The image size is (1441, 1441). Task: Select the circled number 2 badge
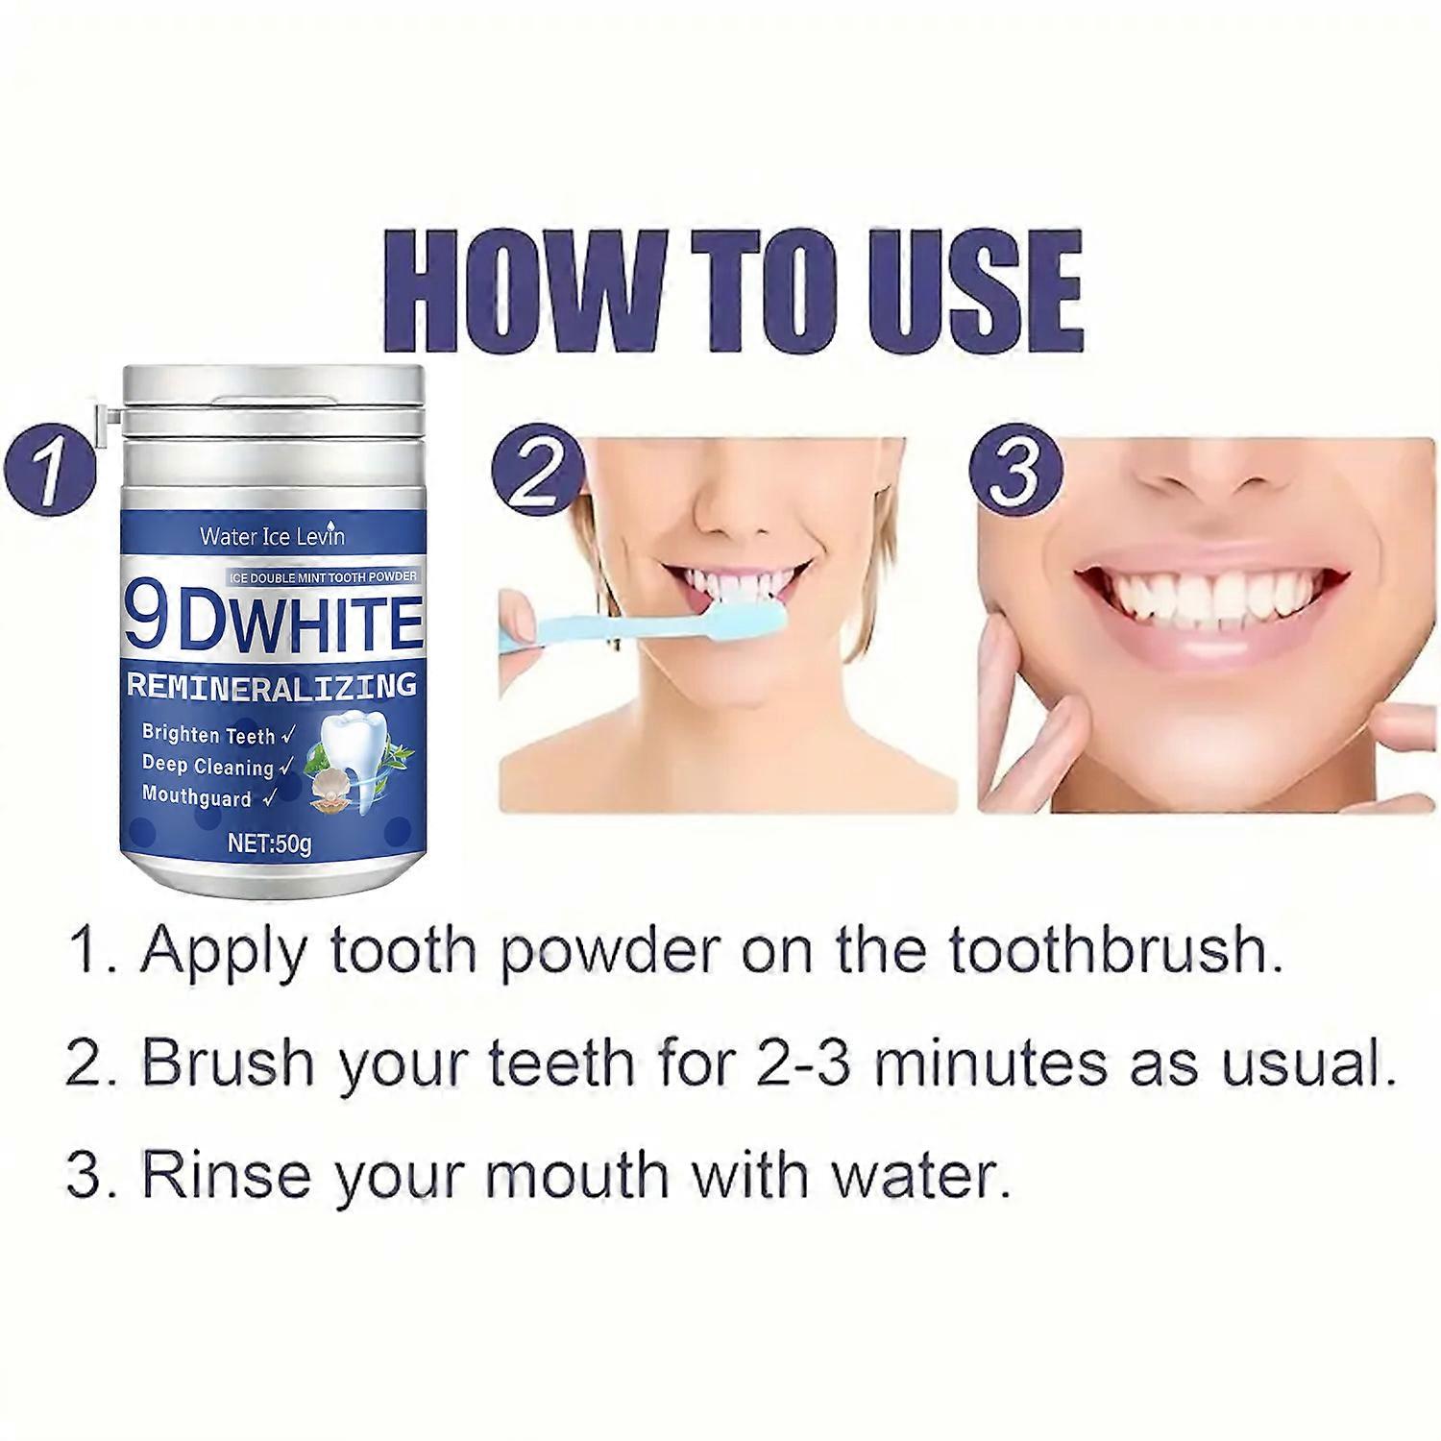pos(538,471)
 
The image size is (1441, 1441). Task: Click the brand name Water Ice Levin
pos(272,536)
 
